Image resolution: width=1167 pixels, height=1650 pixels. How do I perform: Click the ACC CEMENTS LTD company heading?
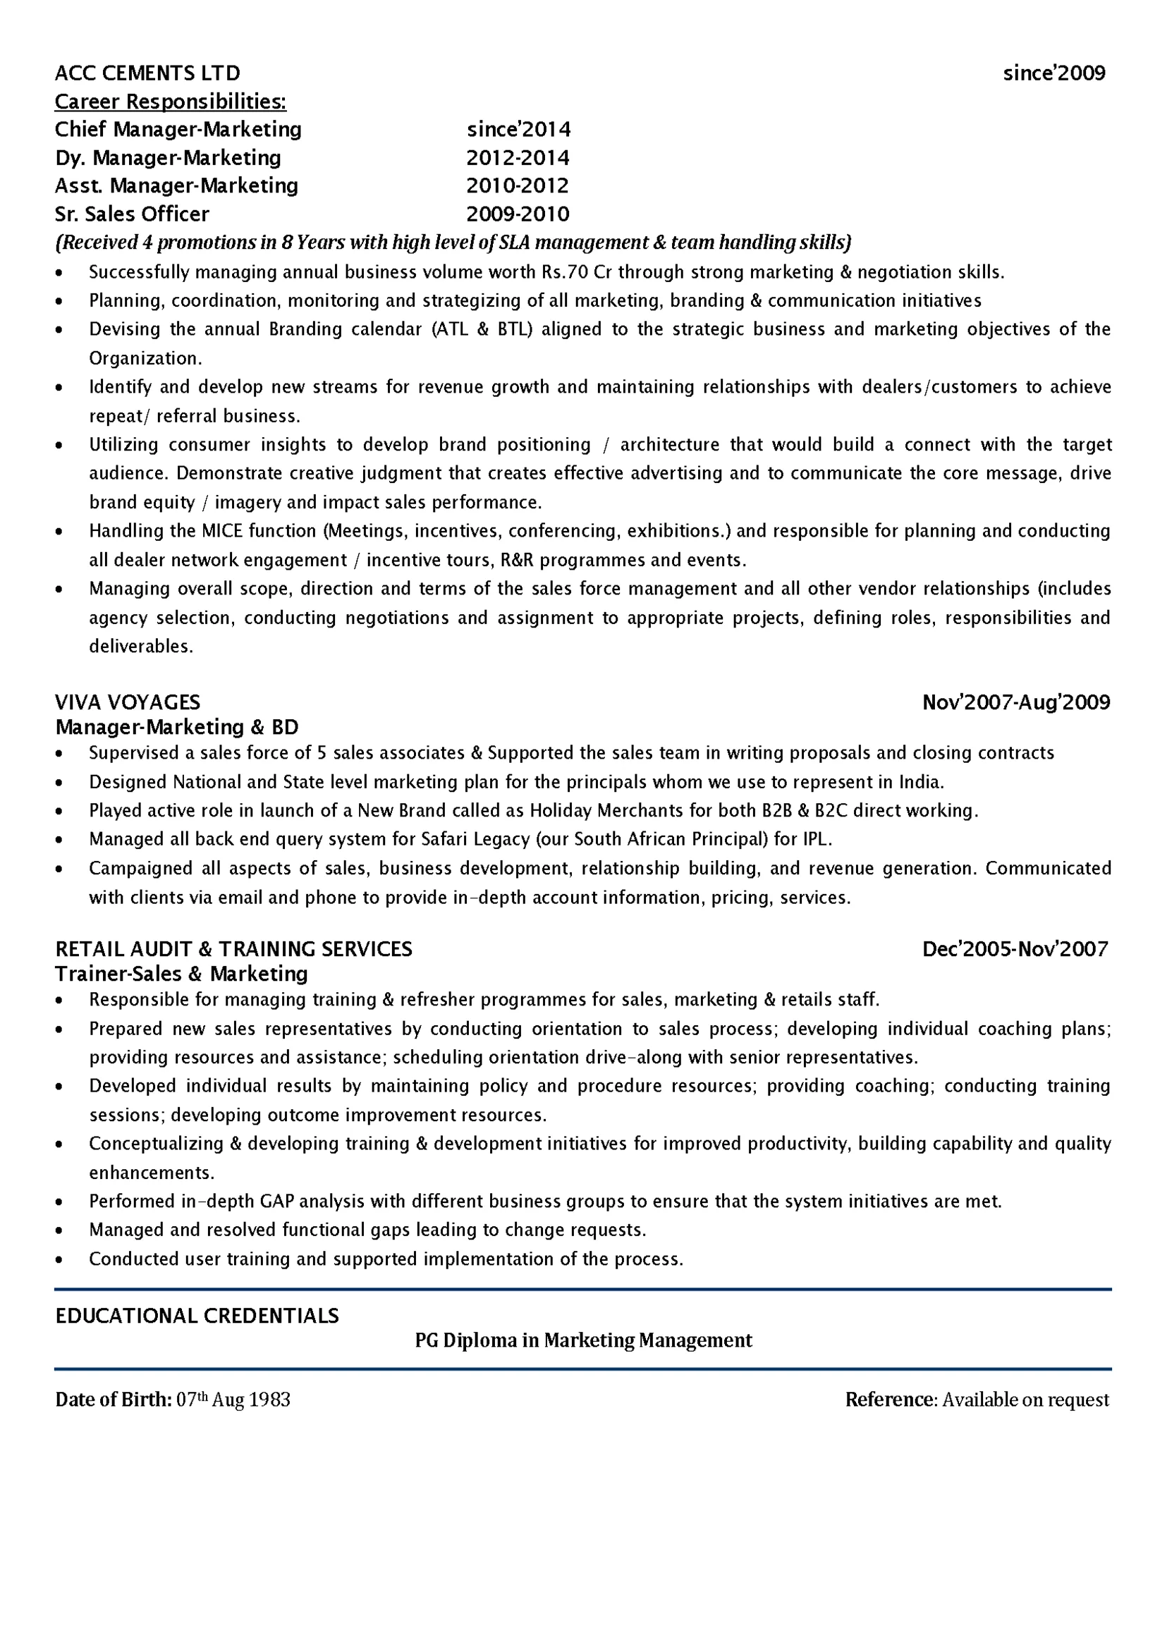147,73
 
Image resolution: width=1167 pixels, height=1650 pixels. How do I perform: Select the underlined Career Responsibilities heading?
171,102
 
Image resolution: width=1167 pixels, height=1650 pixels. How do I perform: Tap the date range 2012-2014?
518,158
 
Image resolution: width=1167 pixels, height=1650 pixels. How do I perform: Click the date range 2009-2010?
518,214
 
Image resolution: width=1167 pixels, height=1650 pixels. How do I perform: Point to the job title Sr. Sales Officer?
133,214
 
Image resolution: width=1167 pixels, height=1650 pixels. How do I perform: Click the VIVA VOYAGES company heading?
127,702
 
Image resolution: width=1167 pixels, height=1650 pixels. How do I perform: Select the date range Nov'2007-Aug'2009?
1016,702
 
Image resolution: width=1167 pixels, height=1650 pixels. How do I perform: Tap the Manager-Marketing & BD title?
177,727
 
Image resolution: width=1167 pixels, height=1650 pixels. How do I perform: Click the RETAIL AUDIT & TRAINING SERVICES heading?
233,949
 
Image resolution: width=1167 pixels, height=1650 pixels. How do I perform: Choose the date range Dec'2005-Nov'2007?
1015,949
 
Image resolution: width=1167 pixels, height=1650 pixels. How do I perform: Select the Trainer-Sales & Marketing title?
181,974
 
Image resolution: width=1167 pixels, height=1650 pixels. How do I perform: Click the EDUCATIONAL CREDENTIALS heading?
197,1316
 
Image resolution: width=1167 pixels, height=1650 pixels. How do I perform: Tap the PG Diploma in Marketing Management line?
584,1340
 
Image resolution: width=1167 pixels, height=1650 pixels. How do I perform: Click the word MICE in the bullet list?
223,531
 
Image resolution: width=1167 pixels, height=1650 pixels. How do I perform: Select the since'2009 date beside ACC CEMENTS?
1054,73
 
